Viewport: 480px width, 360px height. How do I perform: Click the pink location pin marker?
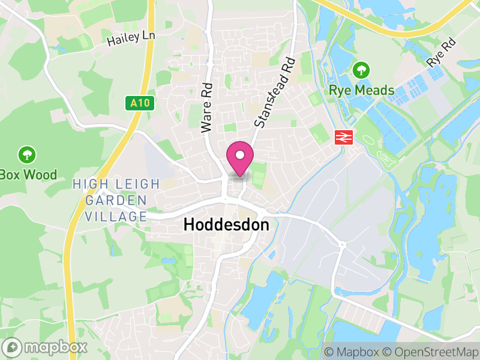tap(240, 158)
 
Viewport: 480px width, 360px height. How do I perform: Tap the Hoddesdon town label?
tap(226, 226)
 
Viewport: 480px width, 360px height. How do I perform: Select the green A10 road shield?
tap(142, 103)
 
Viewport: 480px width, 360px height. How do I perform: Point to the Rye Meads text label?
tap(361, 91)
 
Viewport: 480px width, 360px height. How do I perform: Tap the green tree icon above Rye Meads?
tap(361, 70)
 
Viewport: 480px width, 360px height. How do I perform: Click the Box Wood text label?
tap(28, 175)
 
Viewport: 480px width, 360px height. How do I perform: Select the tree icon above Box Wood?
tap(26, 155)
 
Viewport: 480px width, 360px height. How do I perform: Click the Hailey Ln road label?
tap(131, 39)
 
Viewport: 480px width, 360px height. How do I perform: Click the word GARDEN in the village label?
tap(116, 200)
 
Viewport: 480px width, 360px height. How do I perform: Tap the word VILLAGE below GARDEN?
tap(116, 217)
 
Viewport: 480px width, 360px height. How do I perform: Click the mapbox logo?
tap(45, 347)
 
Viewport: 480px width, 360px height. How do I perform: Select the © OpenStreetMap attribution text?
tap(430, 352)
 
